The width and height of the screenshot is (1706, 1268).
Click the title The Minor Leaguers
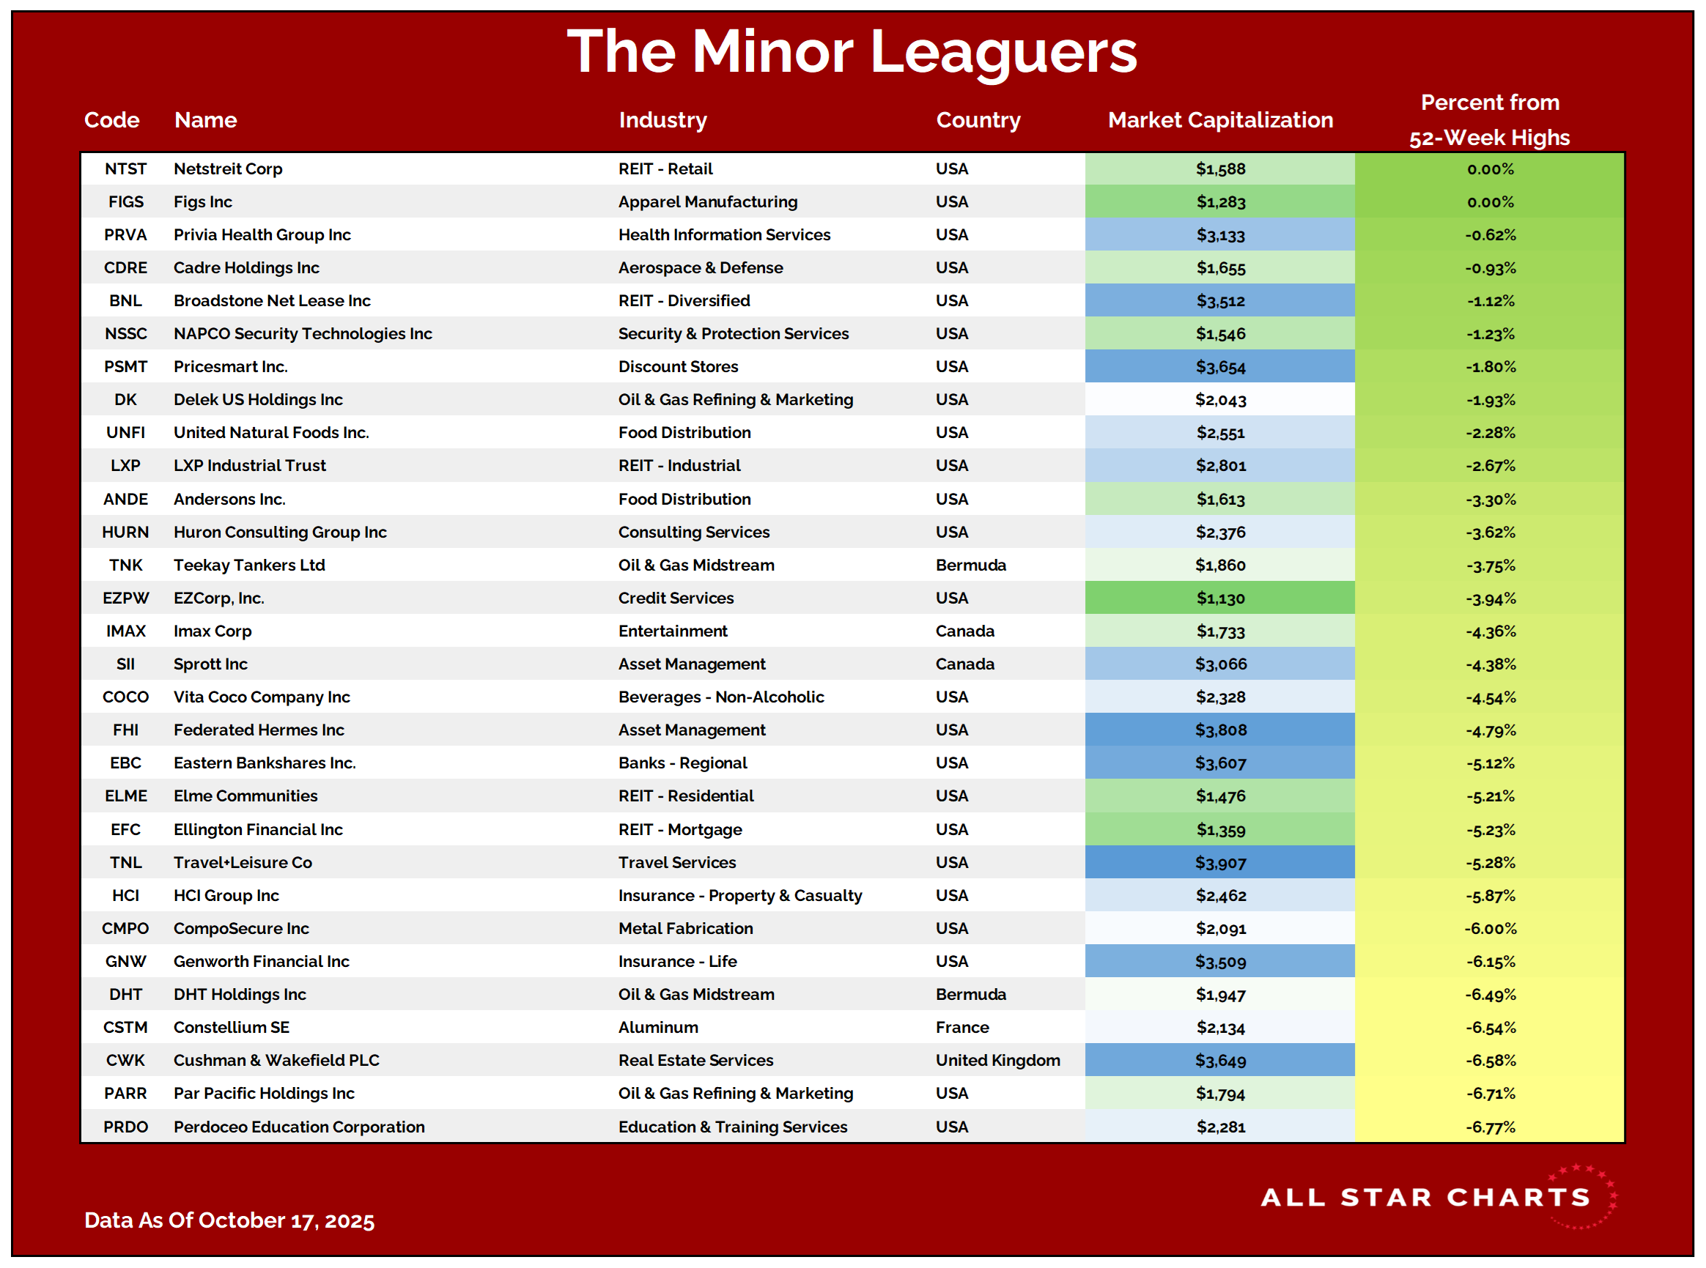852,51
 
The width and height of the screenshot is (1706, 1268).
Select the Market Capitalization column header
1219,119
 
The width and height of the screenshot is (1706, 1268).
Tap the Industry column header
662,119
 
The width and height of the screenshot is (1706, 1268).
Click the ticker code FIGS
126,202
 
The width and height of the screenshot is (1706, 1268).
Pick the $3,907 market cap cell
1220,863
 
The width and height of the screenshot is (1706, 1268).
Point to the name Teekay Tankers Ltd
248,565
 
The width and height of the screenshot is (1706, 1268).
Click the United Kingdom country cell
997,1060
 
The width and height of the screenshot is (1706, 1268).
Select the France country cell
962,1027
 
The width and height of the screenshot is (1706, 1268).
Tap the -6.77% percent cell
1490,1127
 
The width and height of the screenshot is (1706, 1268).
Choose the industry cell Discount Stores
678,367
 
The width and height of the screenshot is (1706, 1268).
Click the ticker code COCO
126,697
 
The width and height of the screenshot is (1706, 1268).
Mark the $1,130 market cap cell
1220,598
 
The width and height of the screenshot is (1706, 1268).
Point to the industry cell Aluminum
658,1027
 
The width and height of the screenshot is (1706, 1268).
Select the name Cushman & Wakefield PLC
276,1060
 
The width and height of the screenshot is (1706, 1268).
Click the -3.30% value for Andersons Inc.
1490,500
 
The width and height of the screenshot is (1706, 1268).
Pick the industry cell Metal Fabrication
686,929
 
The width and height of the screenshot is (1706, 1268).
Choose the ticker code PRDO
126,1127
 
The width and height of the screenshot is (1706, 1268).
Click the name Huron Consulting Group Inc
279,532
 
